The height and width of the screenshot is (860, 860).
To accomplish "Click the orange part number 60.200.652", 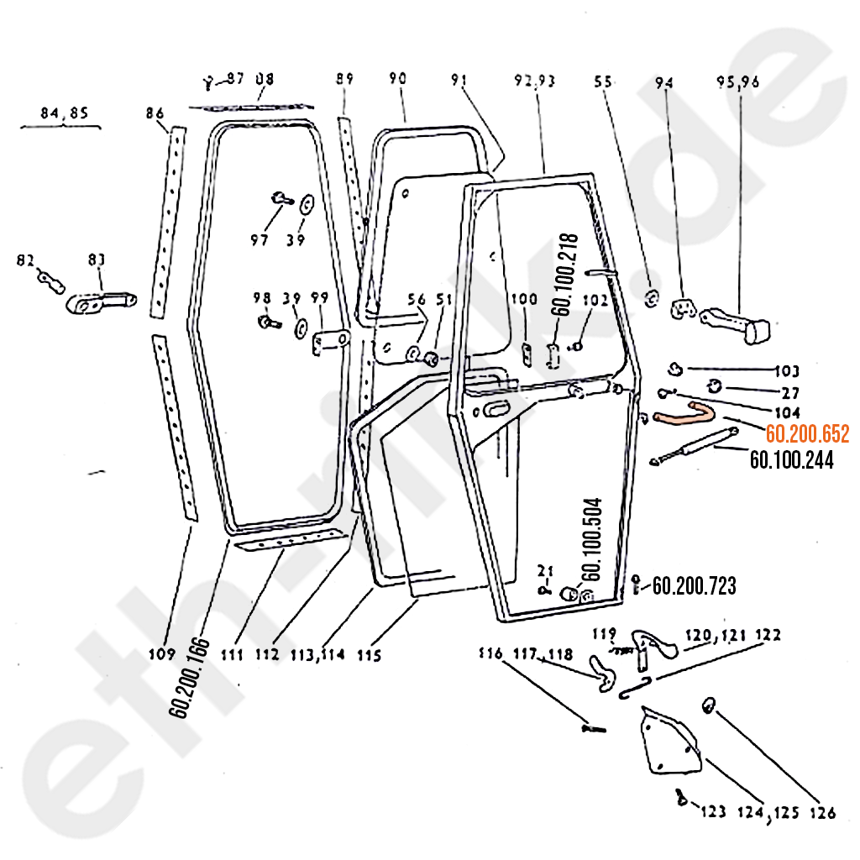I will pos(807,434).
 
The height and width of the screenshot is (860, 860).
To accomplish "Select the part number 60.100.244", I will pos(791,459).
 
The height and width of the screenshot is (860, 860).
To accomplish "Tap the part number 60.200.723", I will pos(694,585).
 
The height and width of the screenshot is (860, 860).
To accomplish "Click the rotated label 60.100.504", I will pos(590,537).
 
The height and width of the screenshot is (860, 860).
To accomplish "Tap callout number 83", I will pos(97,262).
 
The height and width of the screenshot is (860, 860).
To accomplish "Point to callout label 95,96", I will pos(737,82).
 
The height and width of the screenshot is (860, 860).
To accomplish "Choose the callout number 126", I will pos(823,813).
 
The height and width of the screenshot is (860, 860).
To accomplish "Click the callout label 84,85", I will pos(63,113).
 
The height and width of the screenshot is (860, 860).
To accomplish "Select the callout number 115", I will pos(370,654).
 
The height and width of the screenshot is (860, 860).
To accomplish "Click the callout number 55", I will pos(602,82).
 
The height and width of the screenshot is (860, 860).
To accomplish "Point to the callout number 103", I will pos(787,371).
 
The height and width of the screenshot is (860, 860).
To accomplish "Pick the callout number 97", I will pos(259,240).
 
